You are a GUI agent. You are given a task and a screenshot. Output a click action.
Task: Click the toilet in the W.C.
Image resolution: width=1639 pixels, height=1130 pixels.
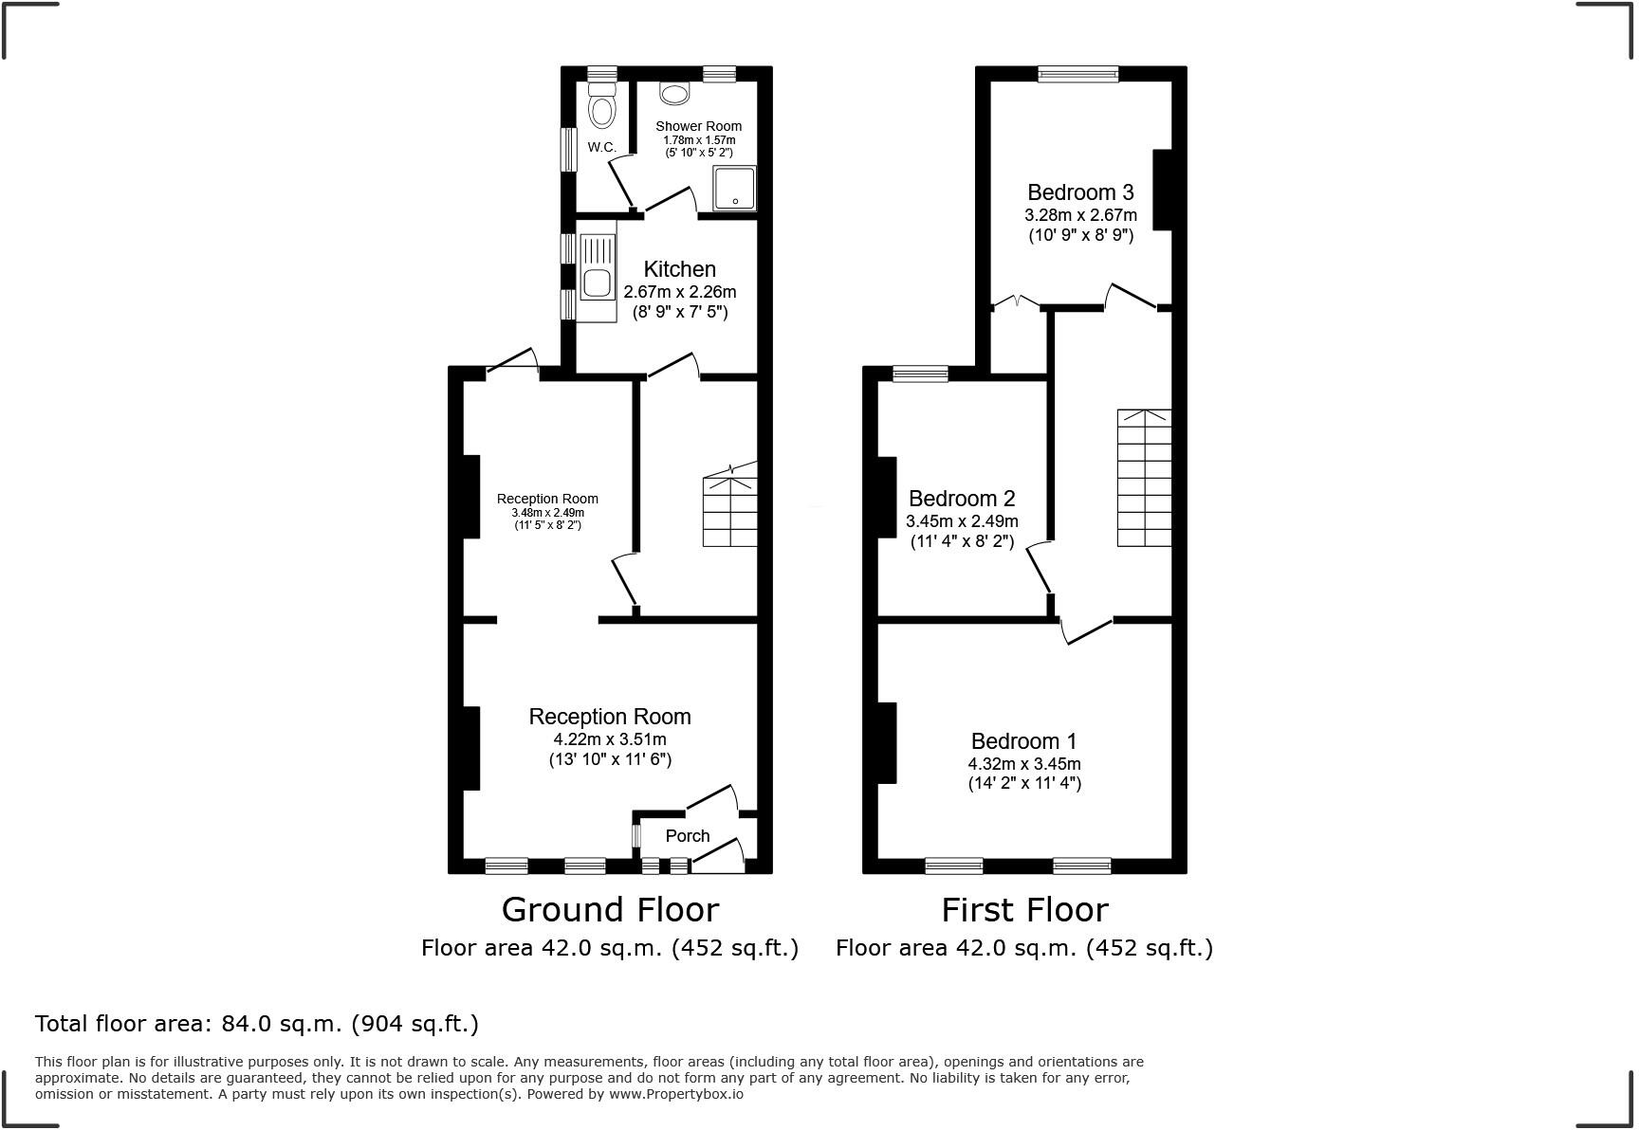[601, 107]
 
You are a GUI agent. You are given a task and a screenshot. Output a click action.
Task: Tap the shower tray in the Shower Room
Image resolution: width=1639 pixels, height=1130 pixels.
[735, 189]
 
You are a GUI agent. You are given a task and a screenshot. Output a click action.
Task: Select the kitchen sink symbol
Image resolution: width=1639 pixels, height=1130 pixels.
[598, 282]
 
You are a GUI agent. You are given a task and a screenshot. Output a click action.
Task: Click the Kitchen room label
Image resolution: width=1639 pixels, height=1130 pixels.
[679, 269]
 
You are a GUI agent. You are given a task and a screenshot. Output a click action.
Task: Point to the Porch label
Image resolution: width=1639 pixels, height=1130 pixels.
[688, 836]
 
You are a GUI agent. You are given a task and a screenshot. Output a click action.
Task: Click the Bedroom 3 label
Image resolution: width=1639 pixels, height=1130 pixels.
[1080, 192]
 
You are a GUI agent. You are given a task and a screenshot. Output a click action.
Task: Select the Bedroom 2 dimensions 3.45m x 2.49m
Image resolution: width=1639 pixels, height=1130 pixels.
[962, 521]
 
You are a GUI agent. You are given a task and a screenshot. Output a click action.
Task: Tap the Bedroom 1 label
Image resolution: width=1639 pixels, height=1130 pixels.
[1023, 741]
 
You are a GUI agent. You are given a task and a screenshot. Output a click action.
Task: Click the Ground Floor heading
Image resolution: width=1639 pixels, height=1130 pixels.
[610, 910]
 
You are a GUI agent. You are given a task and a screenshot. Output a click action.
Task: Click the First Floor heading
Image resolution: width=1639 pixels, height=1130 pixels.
[1024, 910]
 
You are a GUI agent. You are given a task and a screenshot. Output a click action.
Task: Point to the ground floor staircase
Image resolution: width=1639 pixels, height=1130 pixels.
[729, 512]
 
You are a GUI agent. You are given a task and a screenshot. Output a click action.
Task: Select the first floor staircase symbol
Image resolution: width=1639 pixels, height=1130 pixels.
[1144, 478]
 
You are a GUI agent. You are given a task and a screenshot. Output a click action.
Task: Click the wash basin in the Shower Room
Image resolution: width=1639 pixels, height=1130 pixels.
[674, 93]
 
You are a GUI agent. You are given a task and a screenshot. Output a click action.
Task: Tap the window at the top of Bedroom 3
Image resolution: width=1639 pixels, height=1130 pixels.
[1078, 74]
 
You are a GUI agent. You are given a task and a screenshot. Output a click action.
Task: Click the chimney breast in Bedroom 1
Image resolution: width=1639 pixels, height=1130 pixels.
[888, 743]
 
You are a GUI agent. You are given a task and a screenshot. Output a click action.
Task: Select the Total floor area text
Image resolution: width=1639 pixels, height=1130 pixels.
[257, 1024]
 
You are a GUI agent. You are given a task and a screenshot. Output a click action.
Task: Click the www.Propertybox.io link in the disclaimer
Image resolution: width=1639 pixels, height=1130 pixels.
[675, 1094]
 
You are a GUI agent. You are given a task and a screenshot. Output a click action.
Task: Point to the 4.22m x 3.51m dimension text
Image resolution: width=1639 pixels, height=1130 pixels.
[610, 739]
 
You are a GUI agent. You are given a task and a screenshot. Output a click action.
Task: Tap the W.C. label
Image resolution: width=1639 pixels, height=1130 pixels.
[601, 147]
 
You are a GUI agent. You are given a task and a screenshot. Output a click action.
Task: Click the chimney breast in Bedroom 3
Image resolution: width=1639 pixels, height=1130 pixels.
[1162, 190]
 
